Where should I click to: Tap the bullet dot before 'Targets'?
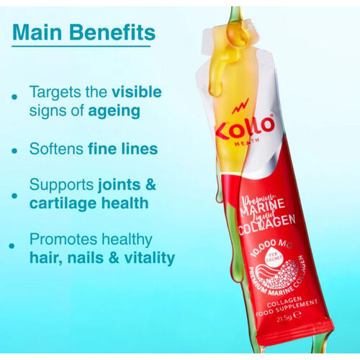coord(16,95)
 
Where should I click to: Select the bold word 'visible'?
coord(136,93)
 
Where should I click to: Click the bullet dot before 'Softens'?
coord(16,152)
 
